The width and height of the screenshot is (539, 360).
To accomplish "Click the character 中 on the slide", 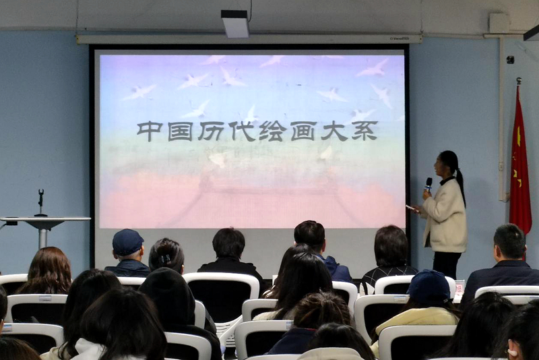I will pyautogui.click(x=149, y=131).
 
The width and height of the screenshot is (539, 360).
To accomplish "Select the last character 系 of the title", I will pyautogui.click(x=364, y=131).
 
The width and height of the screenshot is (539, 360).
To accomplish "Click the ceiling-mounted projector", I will pyautogui.click(x=235, y=24).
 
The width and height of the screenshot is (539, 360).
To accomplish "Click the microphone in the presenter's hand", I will pyautogui.click(x=429, y=183).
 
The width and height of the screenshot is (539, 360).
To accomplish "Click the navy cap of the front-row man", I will pyautogui.click(x=127, y=241).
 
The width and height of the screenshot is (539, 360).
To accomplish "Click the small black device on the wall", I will pyautogui.click(x=510, y=60).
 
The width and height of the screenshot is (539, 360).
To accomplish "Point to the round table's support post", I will pyautogui.click(x=43, y=235).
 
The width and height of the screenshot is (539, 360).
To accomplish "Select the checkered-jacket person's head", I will pyautogui.click(x=391, y=246).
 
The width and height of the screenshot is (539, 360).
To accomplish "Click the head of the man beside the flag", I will pyautogui.click(x=509, y=241).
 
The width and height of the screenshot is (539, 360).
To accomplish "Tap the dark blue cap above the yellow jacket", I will pyautogui.click(x=428, y=286).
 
